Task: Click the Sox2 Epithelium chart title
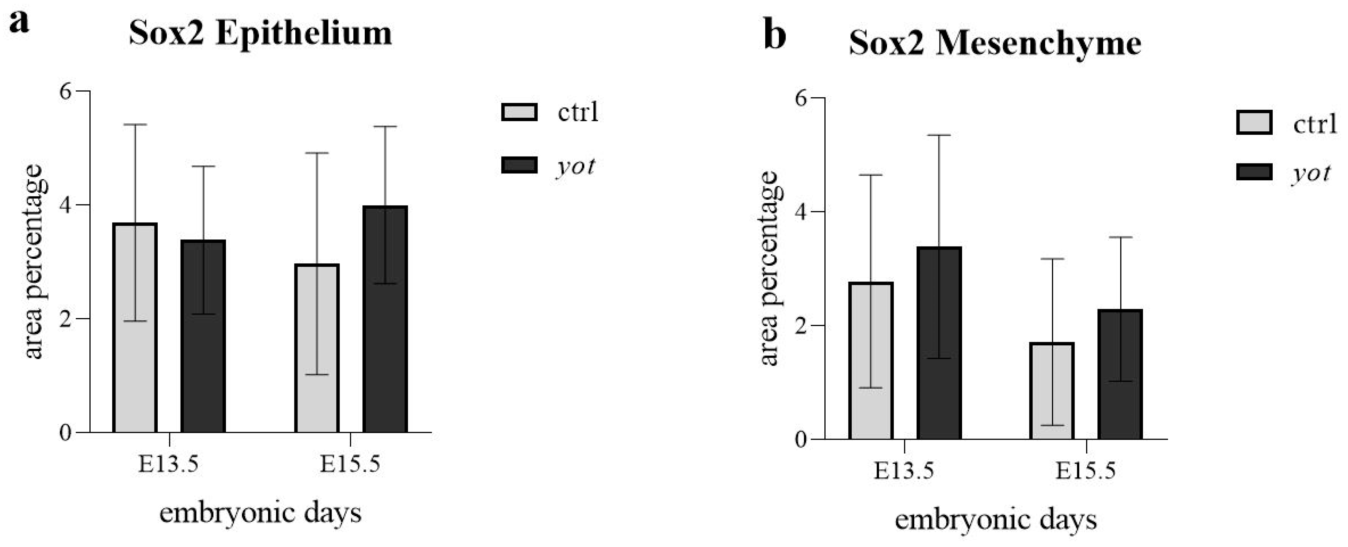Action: (260, 33)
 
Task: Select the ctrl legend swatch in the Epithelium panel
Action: (519, 112)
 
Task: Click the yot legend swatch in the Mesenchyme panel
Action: (1254, 172)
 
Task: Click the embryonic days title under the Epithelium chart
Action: (260, 513)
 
